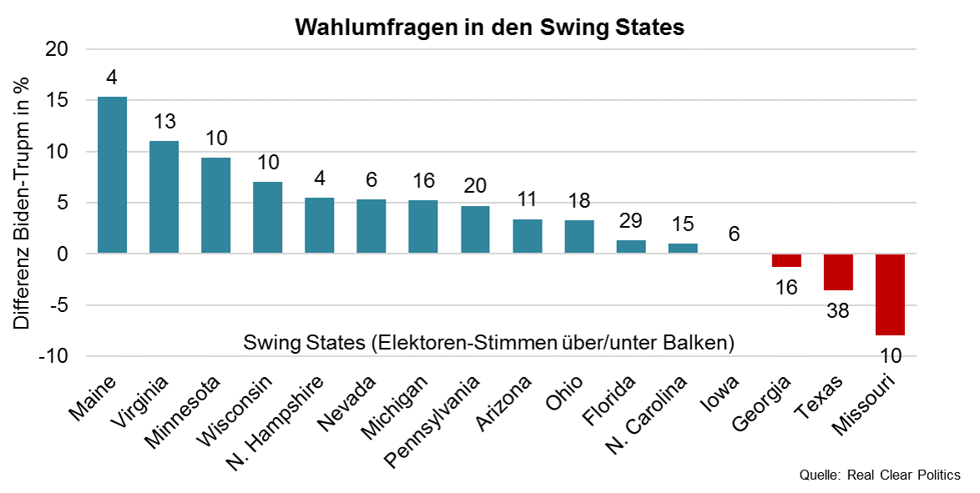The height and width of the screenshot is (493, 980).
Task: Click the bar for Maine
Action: click(113, 175)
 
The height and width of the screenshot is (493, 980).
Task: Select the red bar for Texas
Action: click(838, 272)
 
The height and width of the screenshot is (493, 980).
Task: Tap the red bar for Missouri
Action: click(890, 294)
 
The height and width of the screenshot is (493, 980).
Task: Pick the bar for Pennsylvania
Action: click(475, 229)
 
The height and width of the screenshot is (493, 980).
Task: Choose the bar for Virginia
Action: click(164, 197)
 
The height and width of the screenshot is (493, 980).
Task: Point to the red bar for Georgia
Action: click(786, 260)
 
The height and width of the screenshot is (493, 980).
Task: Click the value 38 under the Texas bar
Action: click(838, 310)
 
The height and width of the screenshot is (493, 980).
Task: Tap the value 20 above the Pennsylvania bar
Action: click(475, 186)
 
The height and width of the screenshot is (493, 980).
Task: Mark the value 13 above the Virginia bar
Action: click(164, 122)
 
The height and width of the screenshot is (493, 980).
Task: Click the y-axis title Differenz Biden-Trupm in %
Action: click(22, 203)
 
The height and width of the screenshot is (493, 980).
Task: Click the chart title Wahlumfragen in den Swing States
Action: click(489, 28)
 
